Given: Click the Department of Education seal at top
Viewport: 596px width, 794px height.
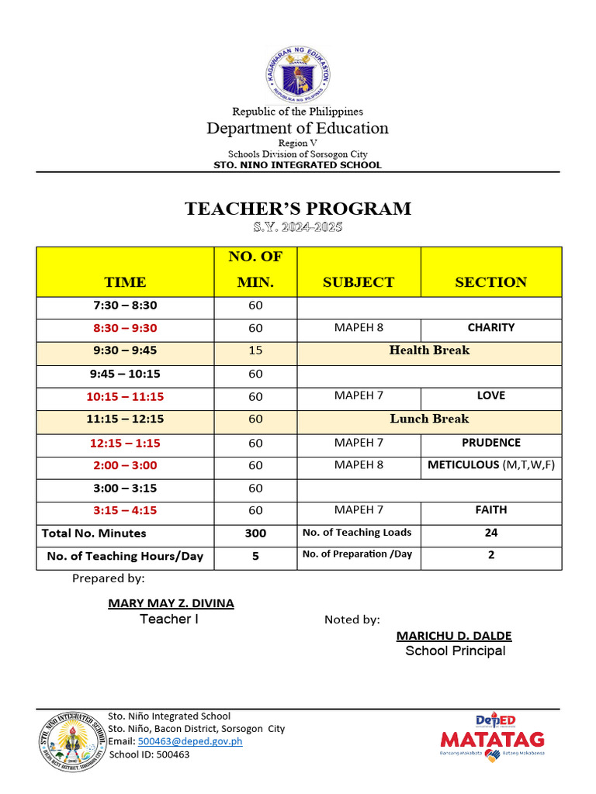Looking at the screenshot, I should point(298,74).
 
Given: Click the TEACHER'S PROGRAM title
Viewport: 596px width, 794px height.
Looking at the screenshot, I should point(298,209).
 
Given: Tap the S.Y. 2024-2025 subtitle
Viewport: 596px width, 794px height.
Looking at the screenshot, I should point(298,227).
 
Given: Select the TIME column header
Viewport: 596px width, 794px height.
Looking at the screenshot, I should point(125,282).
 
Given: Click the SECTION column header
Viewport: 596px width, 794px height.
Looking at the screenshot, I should point(490,282).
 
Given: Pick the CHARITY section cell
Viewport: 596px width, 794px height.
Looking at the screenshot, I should point(490,328).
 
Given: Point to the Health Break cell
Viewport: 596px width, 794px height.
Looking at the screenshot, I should point(429,350).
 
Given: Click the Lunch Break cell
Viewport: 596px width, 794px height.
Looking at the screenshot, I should point(429,419).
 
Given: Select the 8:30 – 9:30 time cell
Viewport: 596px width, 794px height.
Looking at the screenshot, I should point(125,328).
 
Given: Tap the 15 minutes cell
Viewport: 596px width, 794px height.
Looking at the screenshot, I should point(255,350).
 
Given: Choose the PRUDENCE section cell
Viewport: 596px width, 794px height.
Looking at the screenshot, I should point(490,443).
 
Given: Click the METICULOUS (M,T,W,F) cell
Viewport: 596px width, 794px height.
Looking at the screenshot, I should point(490,465).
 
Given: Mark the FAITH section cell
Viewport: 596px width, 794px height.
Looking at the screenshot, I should point(490,510).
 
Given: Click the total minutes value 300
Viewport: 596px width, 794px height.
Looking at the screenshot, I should point(255,533).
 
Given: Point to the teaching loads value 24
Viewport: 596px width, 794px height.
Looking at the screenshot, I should point(490,533).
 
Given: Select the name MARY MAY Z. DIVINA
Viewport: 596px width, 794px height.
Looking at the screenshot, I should point(171,603).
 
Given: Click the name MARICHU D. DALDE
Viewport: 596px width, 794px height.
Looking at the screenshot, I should point(454,636).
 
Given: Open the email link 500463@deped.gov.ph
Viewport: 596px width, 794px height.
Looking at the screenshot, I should point(190,741).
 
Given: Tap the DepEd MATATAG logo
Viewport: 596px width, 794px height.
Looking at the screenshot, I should point(492,735).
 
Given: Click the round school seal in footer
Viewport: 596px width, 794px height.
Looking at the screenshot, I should point(71,742).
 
